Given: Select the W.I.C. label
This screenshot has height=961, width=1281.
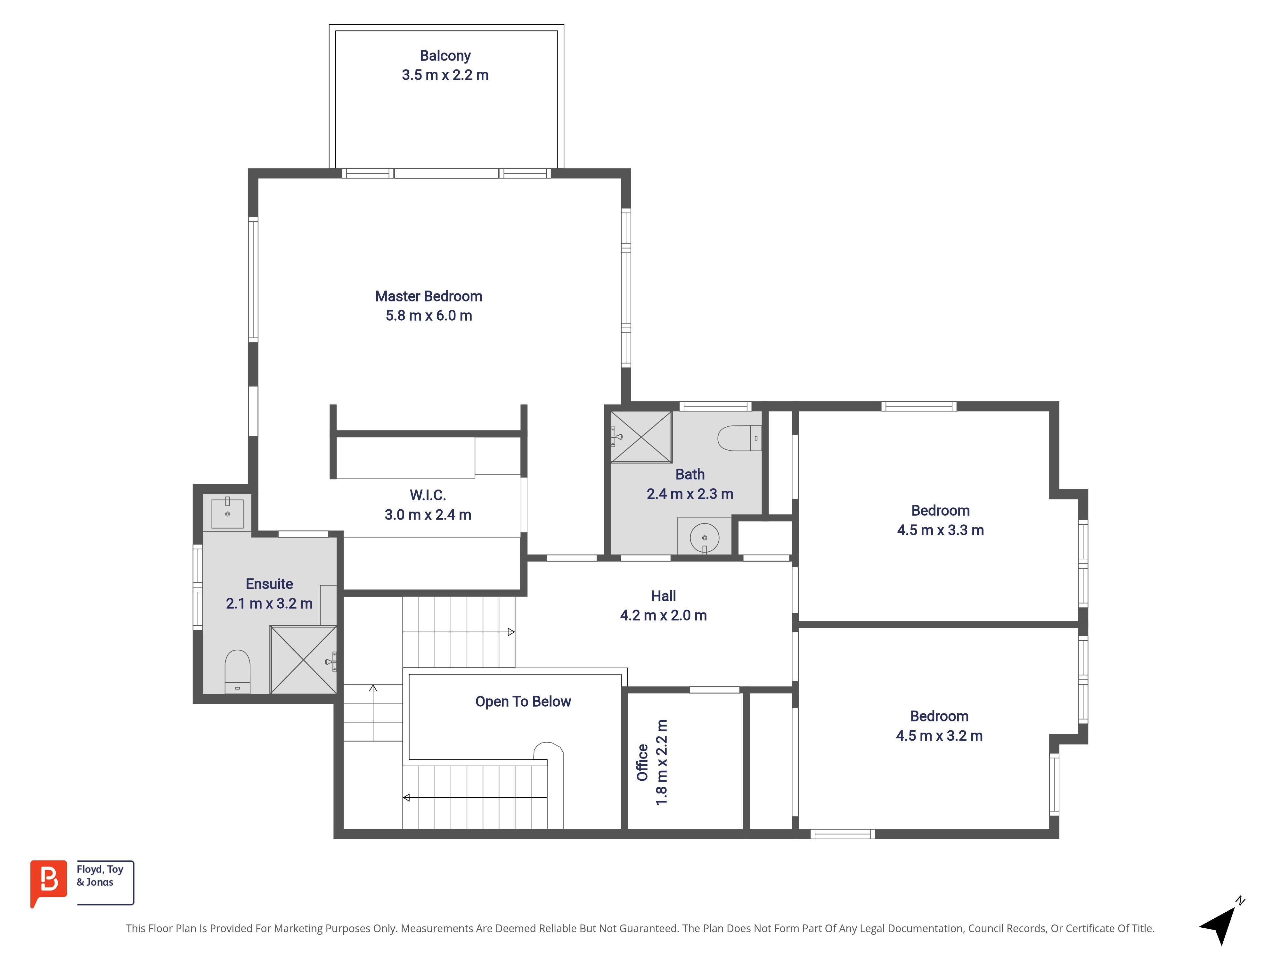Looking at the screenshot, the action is [x=428, y=495].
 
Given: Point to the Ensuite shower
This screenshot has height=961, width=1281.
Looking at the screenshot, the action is [x=304, y=660].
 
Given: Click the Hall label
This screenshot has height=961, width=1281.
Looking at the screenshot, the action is [x=663, y=596].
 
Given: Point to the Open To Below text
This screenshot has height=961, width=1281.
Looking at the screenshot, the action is [x=523, y=702].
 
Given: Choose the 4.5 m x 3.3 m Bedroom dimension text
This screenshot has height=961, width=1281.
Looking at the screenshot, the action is [x=941, y=530].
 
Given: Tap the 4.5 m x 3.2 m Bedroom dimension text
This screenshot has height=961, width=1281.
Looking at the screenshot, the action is [x=939, y=736].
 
